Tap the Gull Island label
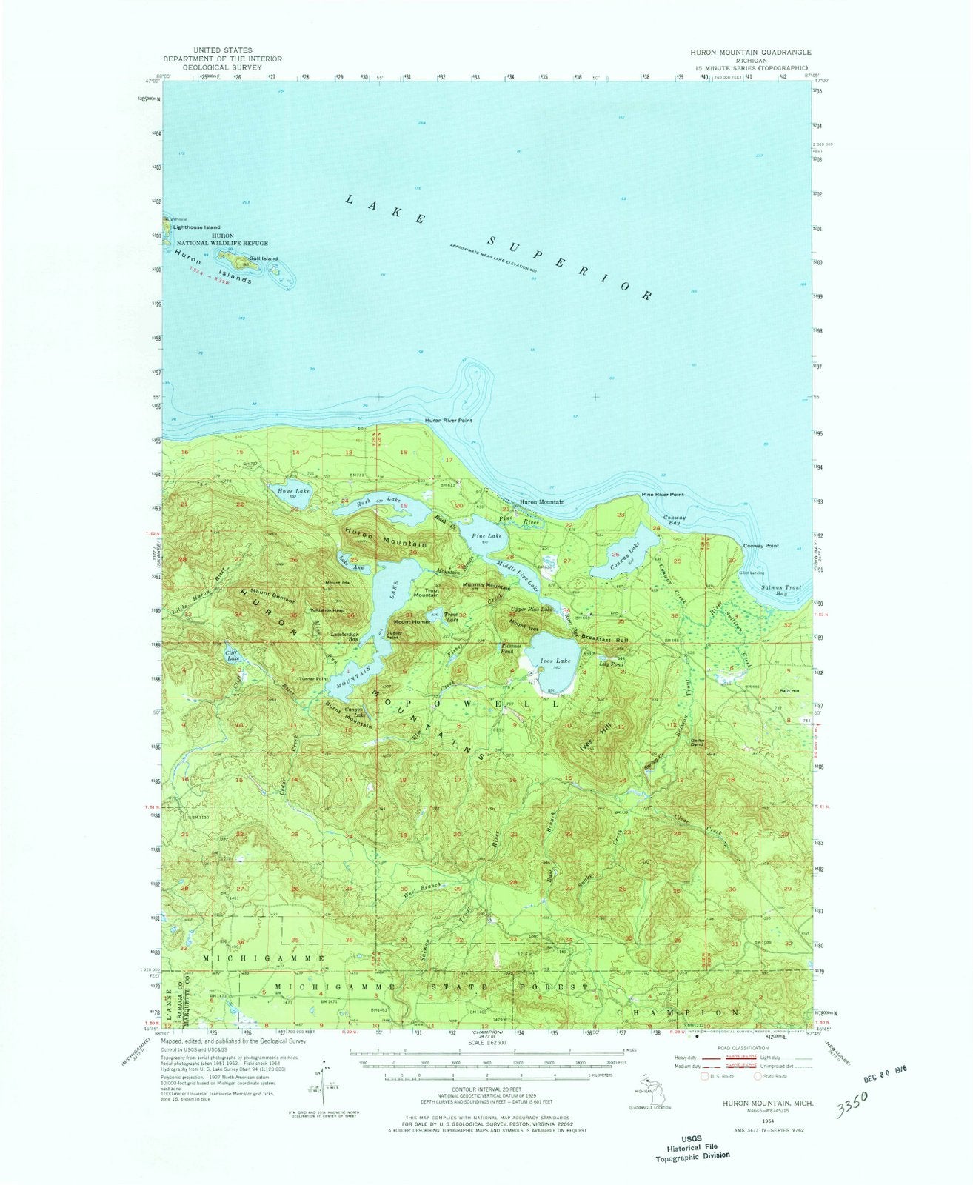click(x=264, y=258)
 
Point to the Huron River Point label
click(x=449, y=421)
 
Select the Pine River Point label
click(x=662, y=494)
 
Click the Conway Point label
click(x=761, y=546)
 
